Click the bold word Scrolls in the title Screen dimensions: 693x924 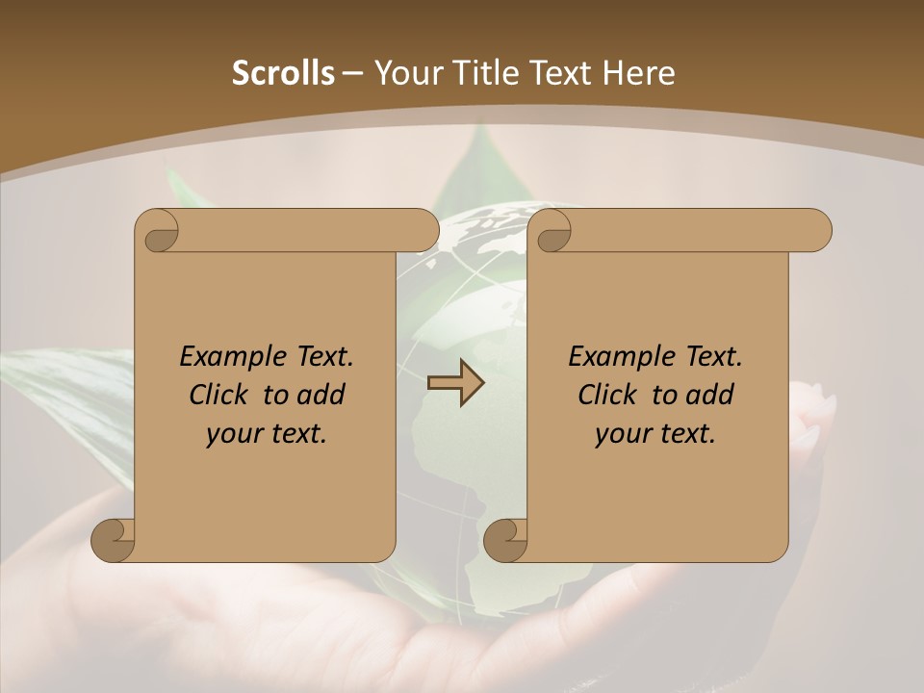coord(283,72)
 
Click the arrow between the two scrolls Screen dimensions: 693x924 coord(455,383)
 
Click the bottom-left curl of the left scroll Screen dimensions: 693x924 coord(114,539)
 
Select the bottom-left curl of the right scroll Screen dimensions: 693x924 coord(505,539)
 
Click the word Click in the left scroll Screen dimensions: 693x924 coord(217,395)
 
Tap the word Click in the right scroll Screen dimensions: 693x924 coord(605,395)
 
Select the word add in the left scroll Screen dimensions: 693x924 coord(323,395)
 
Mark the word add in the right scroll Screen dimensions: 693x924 coord(712,395)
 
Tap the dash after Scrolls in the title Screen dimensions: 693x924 coord(353,73)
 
